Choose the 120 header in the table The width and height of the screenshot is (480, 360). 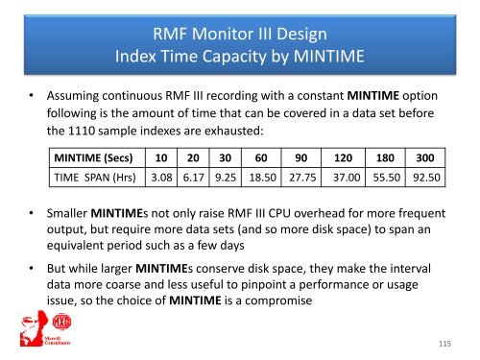pyautogui.click(x=342, y=157)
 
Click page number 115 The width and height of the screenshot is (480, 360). pyautogui.click(x=444, y=343)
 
